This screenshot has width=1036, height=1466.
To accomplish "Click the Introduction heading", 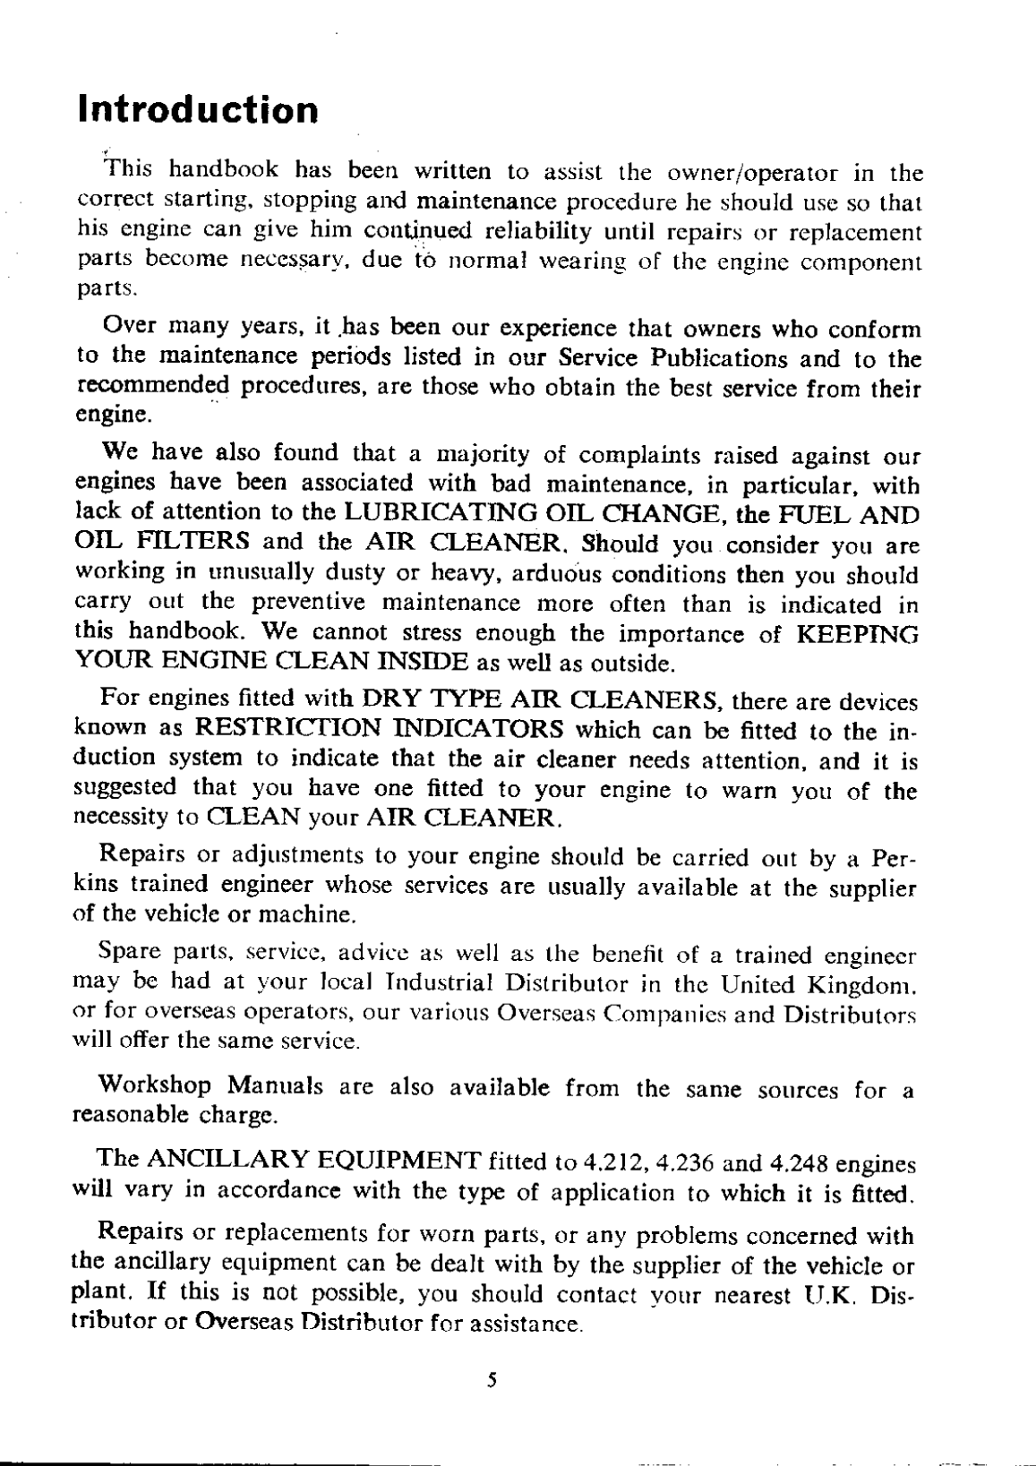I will (x=198, y=110).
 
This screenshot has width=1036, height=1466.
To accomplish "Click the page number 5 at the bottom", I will (x=492, y=1380).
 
